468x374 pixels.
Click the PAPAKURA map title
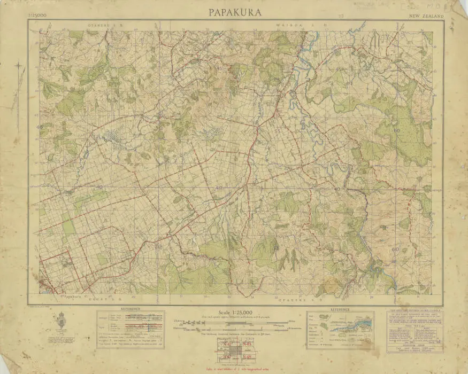(x=235, y=12)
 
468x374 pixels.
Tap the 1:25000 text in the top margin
(x=35, y=16)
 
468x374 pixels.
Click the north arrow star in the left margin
(x=19, y=67)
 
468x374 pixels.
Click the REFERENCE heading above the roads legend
(x=130, y=309)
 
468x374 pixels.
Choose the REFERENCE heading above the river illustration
(x=340, y=309)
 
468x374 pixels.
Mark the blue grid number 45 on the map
(x=220, y=68)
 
